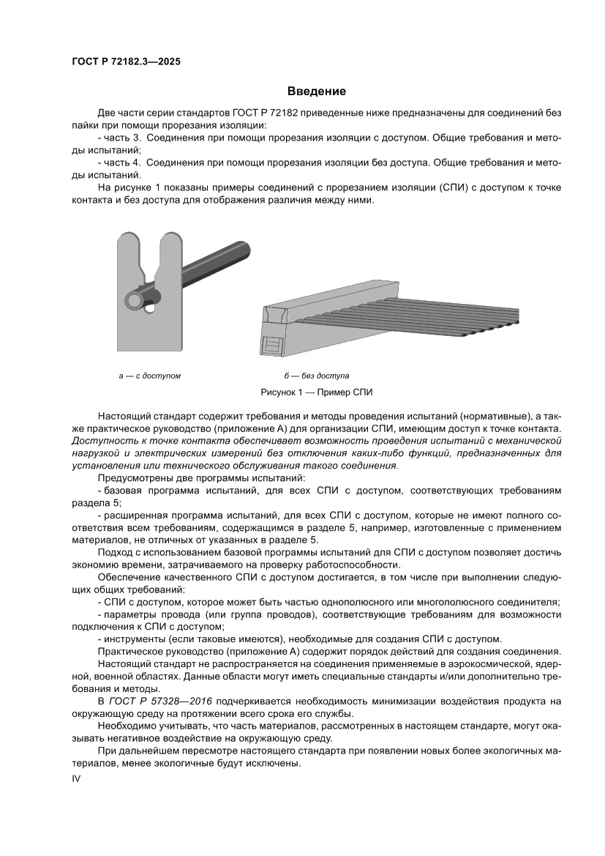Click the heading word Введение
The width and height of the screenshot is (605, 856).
point(316,92)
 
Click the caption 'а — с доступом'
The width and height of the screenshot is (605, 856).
point(149,376)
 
